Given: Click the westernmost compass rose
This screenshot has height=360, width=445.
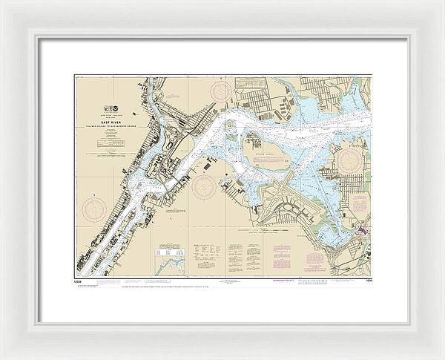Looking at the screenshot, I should (94, 209).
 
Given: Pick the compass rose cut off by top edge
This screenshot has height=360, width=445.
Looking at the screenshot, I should (221, 91).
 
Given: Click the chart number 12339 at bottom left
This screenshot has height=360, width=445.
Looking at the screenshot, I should (80, 281).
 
